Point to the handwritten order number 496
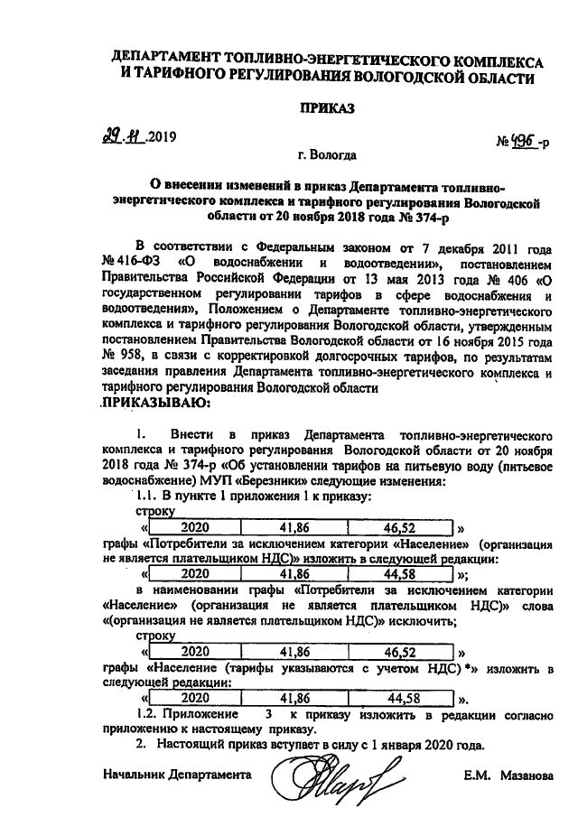click(x=519, y=141)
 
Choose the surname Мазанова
click(x=519, y=774)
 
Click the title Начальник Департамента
click(x=176, y=774)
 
